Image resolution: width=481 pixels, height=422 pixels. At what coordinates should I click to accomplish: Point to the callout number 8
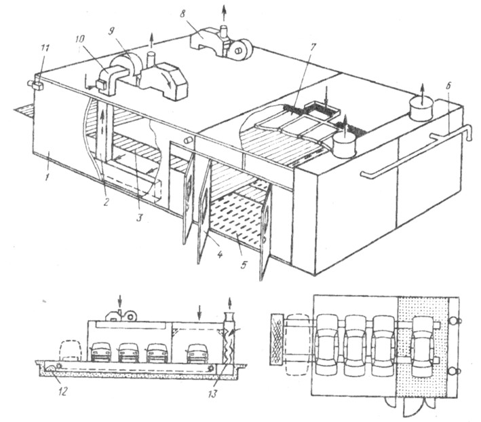point(183,14)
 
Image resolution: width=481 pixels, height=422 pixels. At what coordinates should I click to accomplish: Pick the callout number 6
point(448,86)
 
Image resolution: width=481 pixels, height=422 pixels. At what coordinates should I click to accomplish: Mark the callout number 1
point(47,177)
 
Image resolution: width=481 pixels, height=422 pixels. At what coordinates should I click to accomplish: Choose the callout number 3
point(140,217)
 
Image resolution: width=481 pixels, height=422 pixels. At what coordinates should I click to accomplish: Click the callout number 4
point(220,254)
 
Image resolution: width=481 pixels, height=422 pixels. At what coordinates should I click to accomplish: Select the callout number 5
point(244,264)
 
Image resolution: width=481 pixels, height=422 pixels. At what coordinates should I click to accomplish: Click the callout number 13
point(212,393)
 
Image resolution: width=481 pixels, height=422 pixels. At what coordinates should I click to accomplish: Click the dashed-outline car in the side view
point(71,350)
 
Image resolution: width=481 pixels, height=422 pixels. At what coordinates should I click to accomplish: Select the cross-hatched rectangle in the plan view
point(277,339)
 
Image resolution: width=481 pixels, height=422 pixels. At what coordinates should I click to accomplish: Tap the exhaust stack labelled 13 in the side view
point(229,342)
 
